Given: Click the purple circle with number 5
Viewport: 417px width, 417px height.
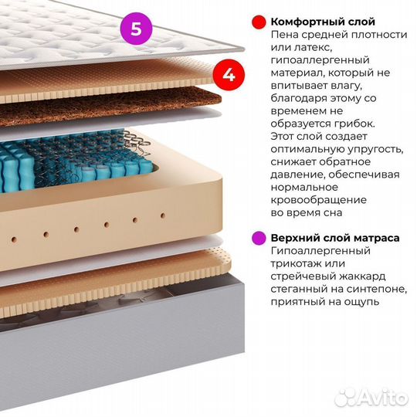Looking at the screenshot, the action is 136,29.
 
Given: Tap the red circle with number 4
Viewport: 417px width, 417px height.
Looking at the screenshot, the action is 229,75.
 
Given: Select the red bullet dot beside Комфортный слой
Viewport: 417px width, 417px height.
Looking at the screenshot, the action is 259,22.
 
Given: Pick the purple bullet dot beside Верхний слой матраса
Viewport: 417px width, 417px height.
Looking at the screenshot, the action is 259,238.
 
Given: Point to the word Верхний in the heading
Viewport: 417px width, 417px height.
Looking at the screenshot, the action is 291,238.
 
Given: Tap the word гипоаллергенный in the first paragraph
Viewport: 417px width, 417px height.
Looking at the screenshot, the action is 320,60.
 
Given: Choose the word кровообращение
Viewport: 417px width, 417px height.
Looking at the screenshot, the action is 319,200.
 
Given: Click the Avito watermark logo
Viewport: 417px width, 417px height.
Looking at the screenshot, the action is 371,398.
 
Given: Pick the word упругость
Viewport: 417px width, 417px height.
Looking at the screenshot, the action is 375,150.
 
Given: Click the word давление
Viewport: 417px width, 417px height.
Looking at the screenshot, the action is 297,175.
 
